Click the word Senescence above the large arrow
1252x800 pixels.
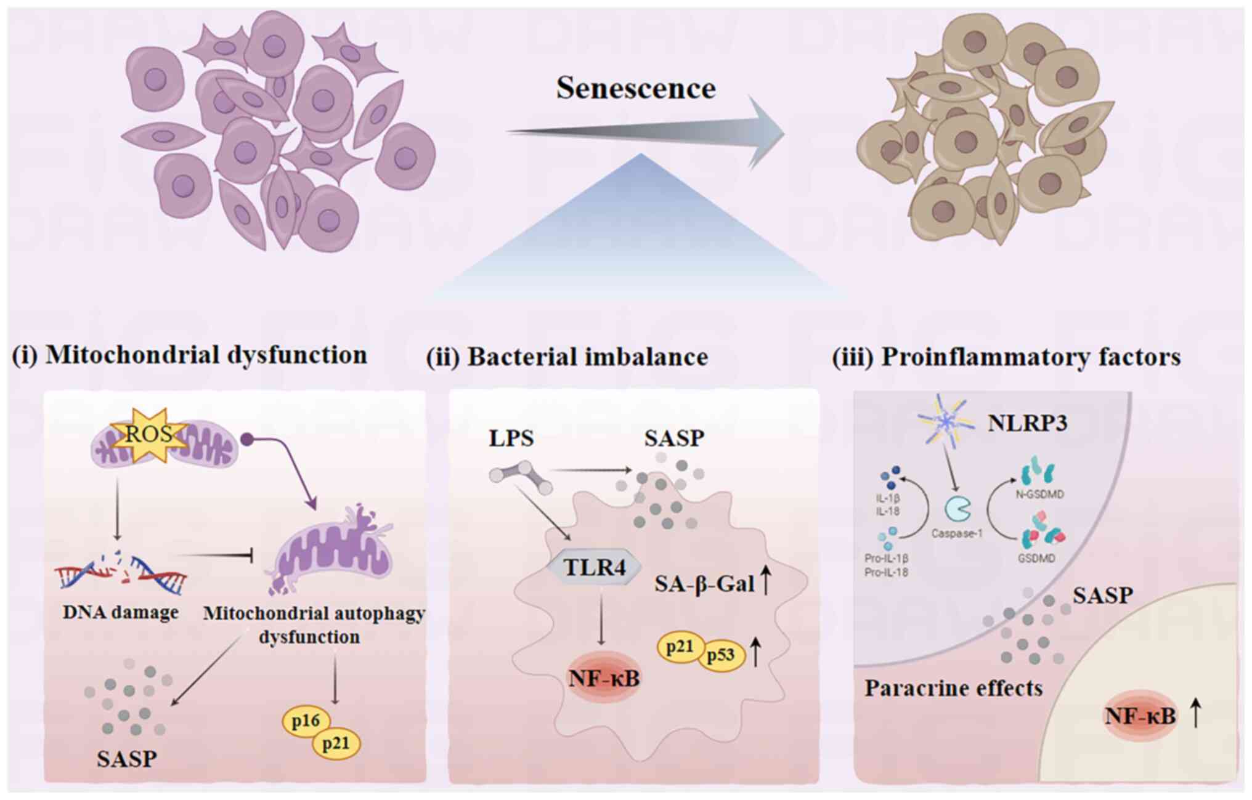[636, 88]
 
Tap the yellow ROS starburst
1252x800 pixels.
[148, 435]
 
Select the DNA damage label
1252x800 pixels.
[121, 612]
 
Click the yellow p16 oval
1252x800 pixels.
[306, 721]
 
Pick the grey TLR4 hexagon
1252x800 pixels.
[595, 567]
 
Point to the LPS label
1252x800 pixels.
[511, 438]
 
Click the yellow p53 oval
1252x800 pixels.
[721, 654]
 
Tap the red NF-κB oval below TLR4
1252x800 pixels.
[603, 678]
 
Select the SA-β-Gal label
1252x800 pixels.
[704, 583]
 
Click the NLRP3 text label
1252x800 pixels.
[1028, 424]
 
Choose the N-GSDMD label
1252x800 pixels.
[1039, 495]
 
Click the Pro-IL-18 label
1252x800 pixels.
[887, 572]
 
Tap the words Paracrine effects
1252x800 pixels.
[953, 688]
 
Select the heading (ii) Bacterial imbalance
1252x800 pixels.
[567, 357]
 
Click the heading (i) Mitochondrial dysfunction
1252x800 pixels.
[190, 355]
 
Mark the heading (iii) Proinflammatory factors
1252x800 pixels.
[1007, 357]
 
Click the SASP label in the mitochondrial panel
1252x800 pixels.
[126, 759]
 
